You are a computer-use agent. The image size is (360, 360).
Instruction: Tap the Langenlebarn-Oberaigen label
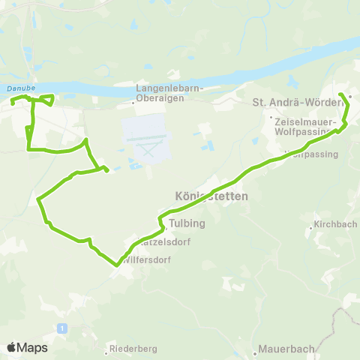pos(164,93)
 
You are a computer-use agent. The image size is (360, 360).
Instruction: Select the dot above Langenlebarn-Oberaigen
pos(137,84)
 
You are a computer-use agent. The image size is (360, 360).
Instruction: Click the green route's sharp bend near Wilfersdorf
pos(117,264)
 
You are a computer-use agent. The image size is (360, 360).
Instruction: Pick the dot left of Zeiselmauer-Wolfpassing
pos(271,117)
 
